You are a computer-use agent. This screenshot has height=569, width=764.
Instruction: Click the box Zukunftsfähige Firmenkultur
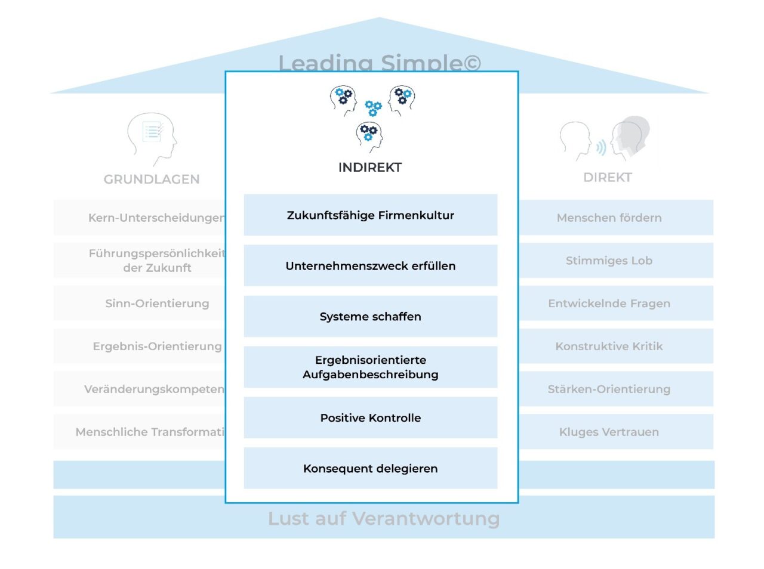(370, 215)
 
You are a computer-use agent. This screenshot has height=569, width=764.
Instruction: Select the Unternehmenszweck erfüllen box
(370, 265)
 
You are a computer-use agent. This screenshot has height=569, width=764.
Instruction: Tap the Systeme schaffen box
(370, 316)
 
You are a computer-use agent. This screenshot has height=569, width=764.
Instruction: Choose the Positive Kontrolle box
(370, 418)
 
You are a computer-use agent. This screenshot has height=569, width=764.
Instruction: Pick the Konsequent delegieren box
(370, 468)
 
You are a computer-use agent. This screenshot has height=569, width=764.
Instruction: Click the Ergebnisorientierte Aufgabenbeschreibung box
(370, 367)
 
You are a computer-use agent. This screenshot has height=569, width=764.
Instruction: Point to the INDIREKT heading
(369, 167)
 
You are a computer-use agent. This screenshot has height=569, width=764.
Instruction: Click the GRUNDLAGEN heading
(152, 179)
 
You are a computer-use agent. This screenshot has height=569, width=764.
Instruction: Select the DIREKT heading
(607, 177)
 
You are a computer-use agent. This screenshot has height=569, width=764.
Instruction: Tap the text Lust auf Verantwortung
(384, 518)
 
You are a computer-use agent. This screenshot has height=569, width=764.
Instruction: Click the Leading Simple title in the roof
(379, 62)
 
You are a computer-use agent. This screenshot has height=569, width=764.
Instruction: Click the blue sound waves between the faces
(601, 147)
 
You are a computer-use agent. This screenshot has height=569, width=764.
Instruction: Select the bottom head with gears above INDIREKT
(369, 136)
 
